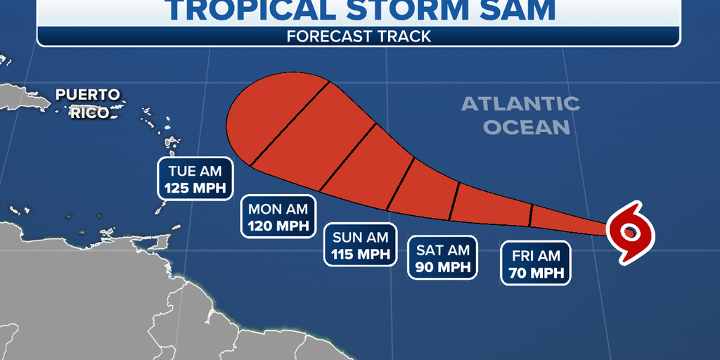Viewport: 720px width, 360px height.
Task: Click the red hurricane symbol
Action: pyautogui.click(x=630, y=232)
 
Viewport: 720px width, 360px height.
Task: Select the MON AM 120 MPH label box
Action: pyautogui.click(x=278, y=217)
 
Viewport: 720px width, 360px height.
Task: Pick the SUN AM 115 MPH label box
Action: pyautogui.click(x=361, y=245)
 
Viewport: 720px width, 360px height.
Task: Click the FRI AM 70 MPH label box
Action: pyautogui.click(x=535, y=264)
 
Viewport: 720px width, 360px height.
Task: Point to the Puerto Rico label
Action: pyautogui.click(x=89, y=103)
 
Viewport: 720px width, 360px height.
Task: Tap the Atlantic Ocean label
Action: pyautogui.click(x=521, y=115)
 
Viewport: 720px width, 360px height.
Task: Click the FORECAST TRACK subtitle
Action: pyautogui.click(x=359, y=37)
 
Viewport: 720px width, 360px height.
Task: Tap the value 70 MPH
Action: pyautogui.click(x=535, y=273)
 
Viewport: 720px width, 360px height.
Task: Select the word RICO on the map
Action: pyautogui.click(x=89, y=112)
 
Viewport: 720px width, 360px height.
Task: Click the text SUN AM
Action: pyautogui.click(x=361, y=236)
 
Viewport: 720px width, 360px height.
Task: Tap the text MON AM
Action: pyautogui.click(x=278, y=208)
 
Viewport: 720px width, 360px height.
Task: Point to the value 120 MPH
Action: pyautogui.click(x=278, y=226)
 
